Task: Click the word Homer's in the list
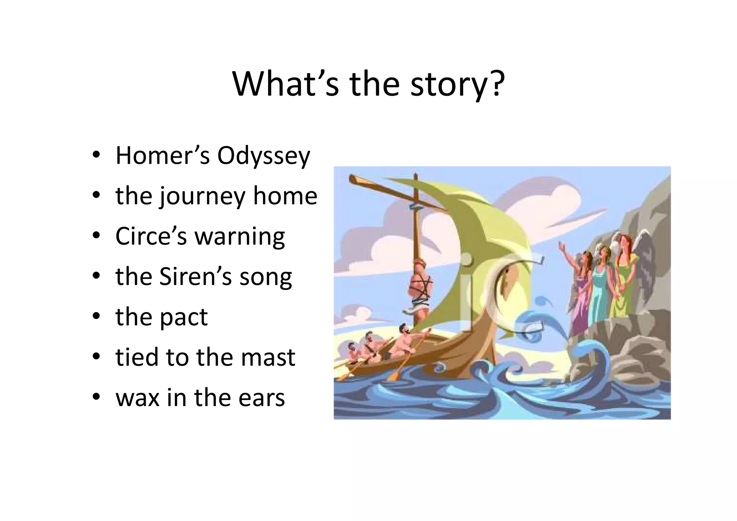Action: (162, 156)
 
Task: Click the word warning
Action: (240, 237)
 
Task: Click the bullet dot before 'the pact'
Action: (96, 316)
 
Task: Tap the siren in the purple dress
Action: (580, 295)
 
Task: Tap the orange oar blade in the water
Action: (393, 376)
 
